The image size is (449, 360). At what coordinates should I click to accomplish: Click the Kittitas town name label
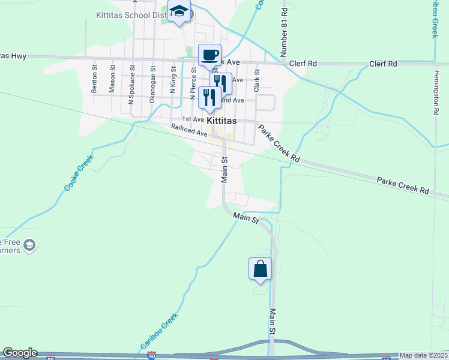[221, 121]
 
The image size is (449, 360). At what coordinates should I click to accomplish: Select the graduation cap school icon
[179, 12]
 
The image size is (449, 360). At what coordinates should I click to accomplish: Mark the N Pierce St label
[193, 83]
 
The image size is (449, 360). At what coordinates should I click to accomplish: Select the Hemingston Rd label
[436, 91]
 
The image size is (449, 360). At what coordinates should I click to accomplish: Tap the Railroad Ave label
[188, 130]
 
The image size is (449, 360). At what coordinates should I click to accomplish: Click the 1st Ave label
[193, 119]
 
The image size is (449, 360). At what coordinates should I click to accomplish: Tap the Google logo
[20, 353]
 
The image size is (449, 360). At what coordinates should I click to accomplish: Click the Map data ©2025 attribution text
[423, 355]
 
